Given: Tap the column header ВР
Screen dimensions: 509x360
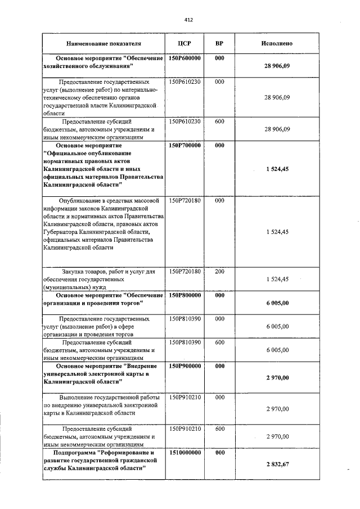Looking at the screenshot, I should tap(219, 43).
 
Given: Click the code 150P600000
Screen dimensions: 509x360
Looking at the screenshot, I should tap(185, 58).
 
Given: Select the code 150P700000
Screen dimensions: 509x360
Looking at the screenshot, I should tap(185, 145).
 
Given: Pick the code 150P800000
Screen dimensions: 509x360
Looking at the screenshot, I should tap(185, 295).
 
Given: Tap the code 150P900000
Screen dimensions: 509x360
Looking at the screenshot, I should tap(185, 366).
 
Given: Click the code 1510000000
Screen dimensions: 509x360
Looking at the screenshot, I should tap(185, 452).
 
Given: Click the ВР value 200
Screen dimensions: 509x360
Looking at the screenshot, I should tap(219, 272).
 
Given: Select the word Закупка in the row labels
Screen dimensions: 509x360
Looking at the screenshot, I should tap(58, 272).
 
